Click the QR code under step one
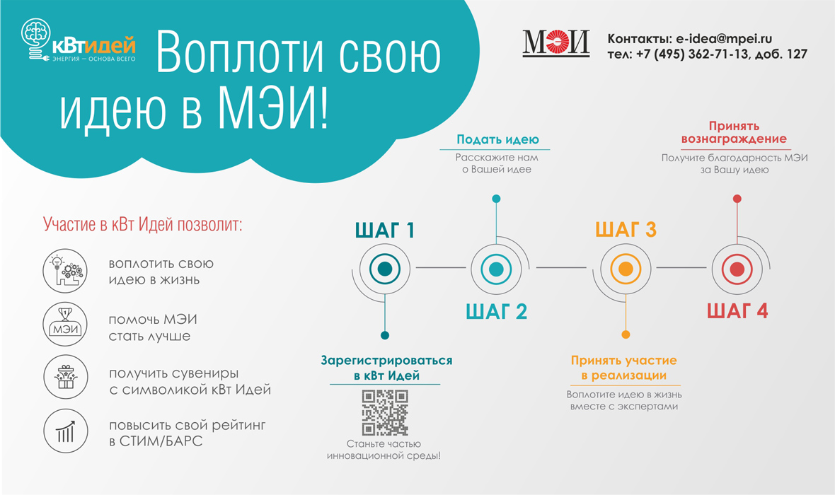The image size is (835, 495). coord(385,412)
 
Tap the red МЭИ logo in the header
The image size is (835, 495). coord(556,42)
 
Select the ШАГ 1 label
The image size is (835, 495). coord(384,231)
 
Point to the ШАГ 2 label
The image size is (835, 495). coord(496,311)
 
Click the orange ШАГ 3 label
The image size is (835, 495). coord(626,229)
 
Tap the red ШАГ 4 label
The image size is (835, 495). coord(737,311)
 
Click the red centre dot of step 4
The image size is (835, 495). coord(737,269)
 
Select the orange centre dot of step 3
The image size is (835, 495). coord(626,269)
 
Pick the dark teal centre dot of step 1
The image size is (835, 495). coord(384,269)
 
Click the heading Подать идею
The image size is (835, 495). coord(497,139)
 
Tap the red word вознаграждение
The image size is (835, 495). coord(734,139)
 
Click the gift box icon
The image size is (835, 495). coord(66,377)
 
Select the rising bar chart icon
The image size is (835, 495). coord(66,431)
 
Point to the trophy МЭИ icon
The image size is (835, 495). coord(66,324)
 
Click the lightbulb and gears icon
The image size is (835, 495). coord(66,271)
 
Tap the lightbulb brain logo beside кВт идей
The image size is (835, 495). coord(35,39)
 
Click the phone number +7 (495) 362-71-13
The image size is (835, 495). coord(692,54)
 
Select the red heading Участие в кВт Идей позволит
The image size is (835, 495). coord(142,224)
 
